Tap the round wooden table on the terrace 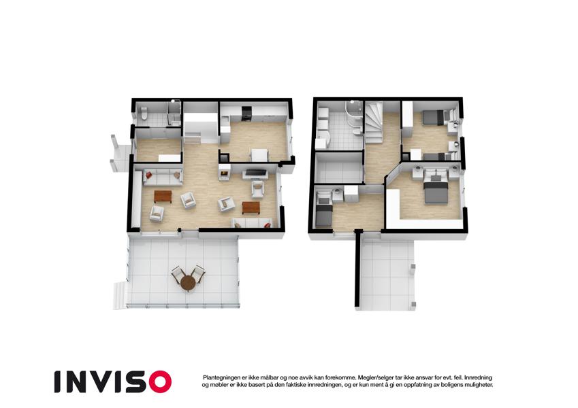point(189,283)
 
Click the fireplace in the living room point(225,172)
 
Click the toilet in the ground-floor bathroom point(144,113)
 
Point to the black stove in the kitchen point(246,114)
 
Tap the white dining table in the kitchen point(260,155)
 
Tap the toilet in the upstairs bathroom point(356,132)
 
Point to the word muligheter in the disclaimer point(478,385)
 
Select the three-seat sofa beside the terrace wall point(252,223)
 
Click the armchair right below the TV point(258,189)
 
